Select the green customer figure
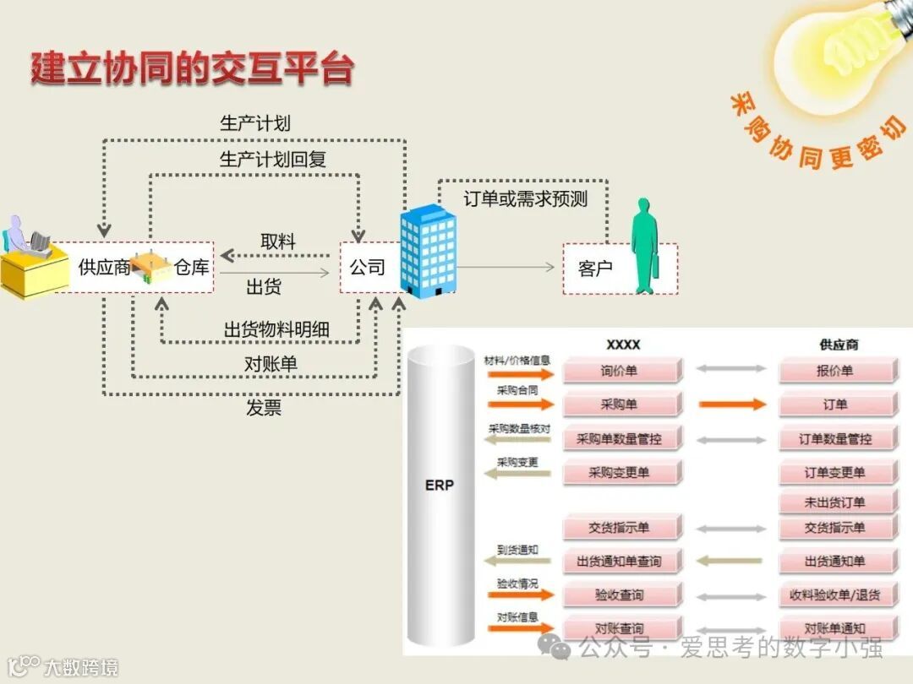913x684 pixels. click(645, 246)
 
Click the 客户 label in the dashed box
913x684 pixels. click(595, 269)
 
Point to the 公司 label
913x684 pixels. click(367, 268)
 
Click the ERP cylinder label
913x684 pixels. click(439, 486)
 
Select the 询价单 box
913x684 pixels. click(621, 371)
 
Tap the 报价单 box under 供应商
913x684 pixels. click(835, 371)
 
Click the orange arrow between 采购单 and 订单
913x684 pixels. click(731, 404)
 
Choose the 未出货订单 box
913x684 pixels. click(835, 502)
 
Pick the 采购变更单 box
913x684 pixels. click(621, 472)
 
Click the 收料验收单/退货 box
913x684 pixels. click(835, 595)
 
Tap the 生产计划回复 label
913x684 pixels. click(273, 159)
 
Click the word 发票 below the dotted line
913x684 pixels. click(264, 409)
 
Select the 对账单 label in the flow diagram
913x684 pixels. click(271, 365)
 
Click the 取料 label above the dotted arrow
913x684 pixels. click(278, 242)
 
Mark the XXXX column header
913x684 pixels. click(623, 345)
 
